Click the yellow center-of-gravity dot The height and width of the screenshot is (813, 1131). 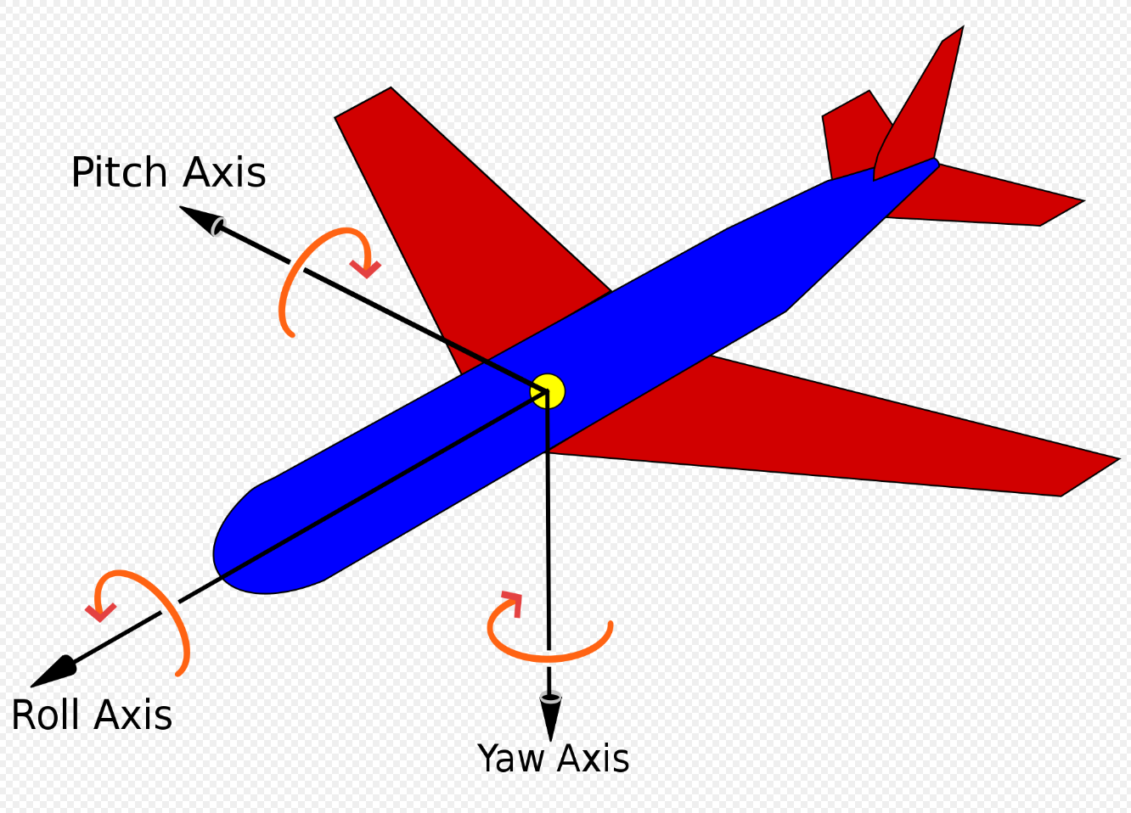[x=549, y=390]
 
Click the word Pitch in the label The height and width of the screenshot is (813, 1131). [x=118, y=173]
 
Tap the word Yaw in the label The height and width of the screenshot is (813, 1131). [x=511, y=759]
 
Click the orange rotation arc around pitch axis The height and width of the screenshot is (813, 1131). [x=289, y=280]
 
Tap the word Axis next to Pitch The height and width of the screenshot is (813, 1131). [x=225, y=173]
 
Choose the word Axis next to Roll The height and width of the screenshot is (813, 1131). [x=135, y=715]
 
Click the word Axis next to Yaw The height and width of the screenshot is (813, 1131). [x=593, y=759]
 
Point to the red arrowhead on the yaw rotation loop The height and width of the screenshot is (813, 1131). [x=511, y=603]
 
